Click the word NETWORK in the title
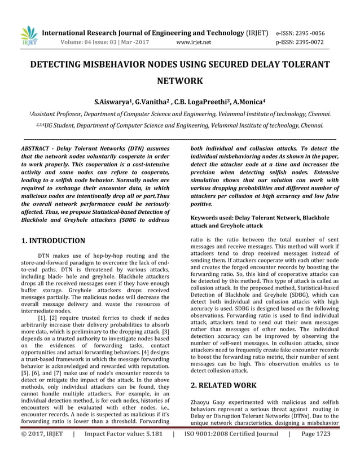(179, 81)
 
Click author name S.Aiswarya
(117, 103)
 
